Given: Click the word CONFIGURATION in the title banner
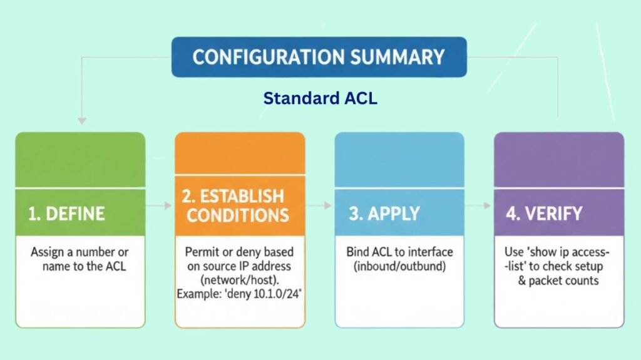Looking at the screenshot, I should click(261, 57).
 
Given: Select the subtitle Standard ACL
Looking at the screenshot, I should click(320, 98).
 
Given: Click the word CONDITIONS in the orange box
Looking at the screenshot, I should click(238, 215).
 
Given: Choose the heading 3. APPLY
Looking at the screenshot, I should click(384, 213).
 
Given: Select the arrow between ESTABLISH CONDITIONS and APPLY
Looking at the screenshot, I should click(319, 205).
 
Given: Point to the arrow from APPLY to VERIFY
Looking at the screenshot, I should click(479, 205).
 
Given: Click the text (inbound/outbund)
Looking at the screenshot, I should click(400, 265).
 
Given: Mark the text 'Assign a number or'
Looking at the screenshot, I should click(79, 252).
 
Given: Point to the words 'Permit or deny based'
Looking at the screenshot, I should click(240, 252).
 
